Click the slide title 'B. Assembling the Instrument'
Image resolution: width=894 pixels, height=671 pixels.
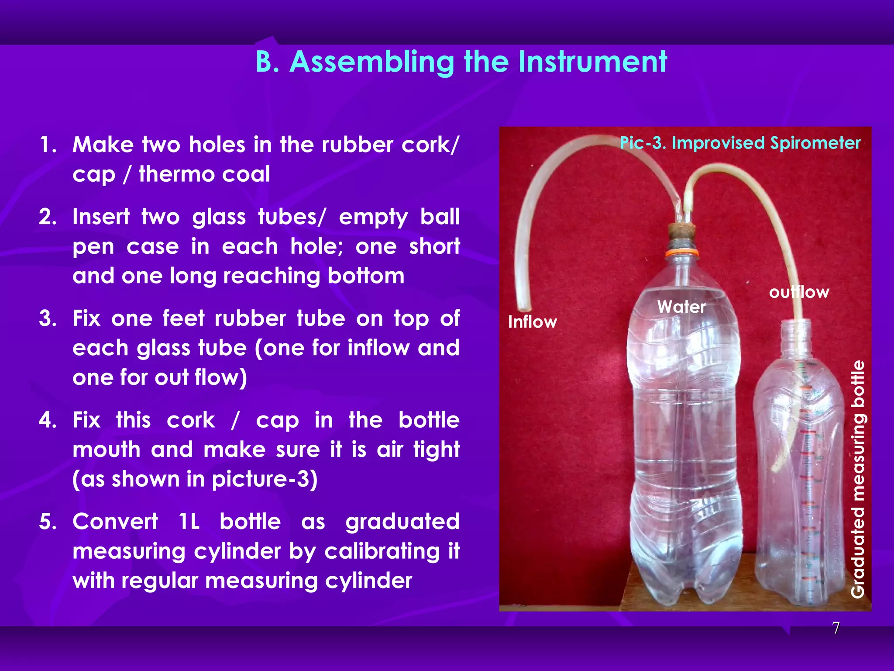(x=461, y=62)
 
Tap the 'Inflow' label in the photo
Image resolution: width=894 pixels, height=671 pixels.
(x=532, y=322)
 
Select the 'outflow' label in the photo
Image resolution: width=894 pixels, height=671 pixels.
(x=799, y=292)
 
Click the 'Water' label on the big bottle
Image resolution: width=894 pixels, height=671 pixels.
(x=681, y=307)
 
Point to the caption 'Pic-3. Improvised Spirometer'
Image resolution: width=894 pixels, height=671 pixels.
(x=740, y=143)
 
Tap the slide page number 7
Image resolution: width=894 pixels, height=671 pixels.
(x=836, y=628)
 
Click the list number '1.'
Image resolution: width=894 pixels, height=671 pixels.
(x=48, y=145)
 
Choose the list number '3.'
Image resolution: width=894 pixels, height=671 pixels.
(x=48, y=318)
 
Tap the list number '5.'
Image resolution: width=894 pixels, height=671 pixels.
(x=48, y=522)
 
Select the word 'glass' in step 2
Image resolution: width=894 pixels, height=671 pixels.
(x=219, y=217)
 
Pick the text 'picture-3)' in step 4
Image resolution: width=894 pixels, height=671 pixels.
(x=265, y=479)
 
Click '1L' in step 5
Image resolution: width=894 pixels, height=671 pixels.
(x=189, y=522)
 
